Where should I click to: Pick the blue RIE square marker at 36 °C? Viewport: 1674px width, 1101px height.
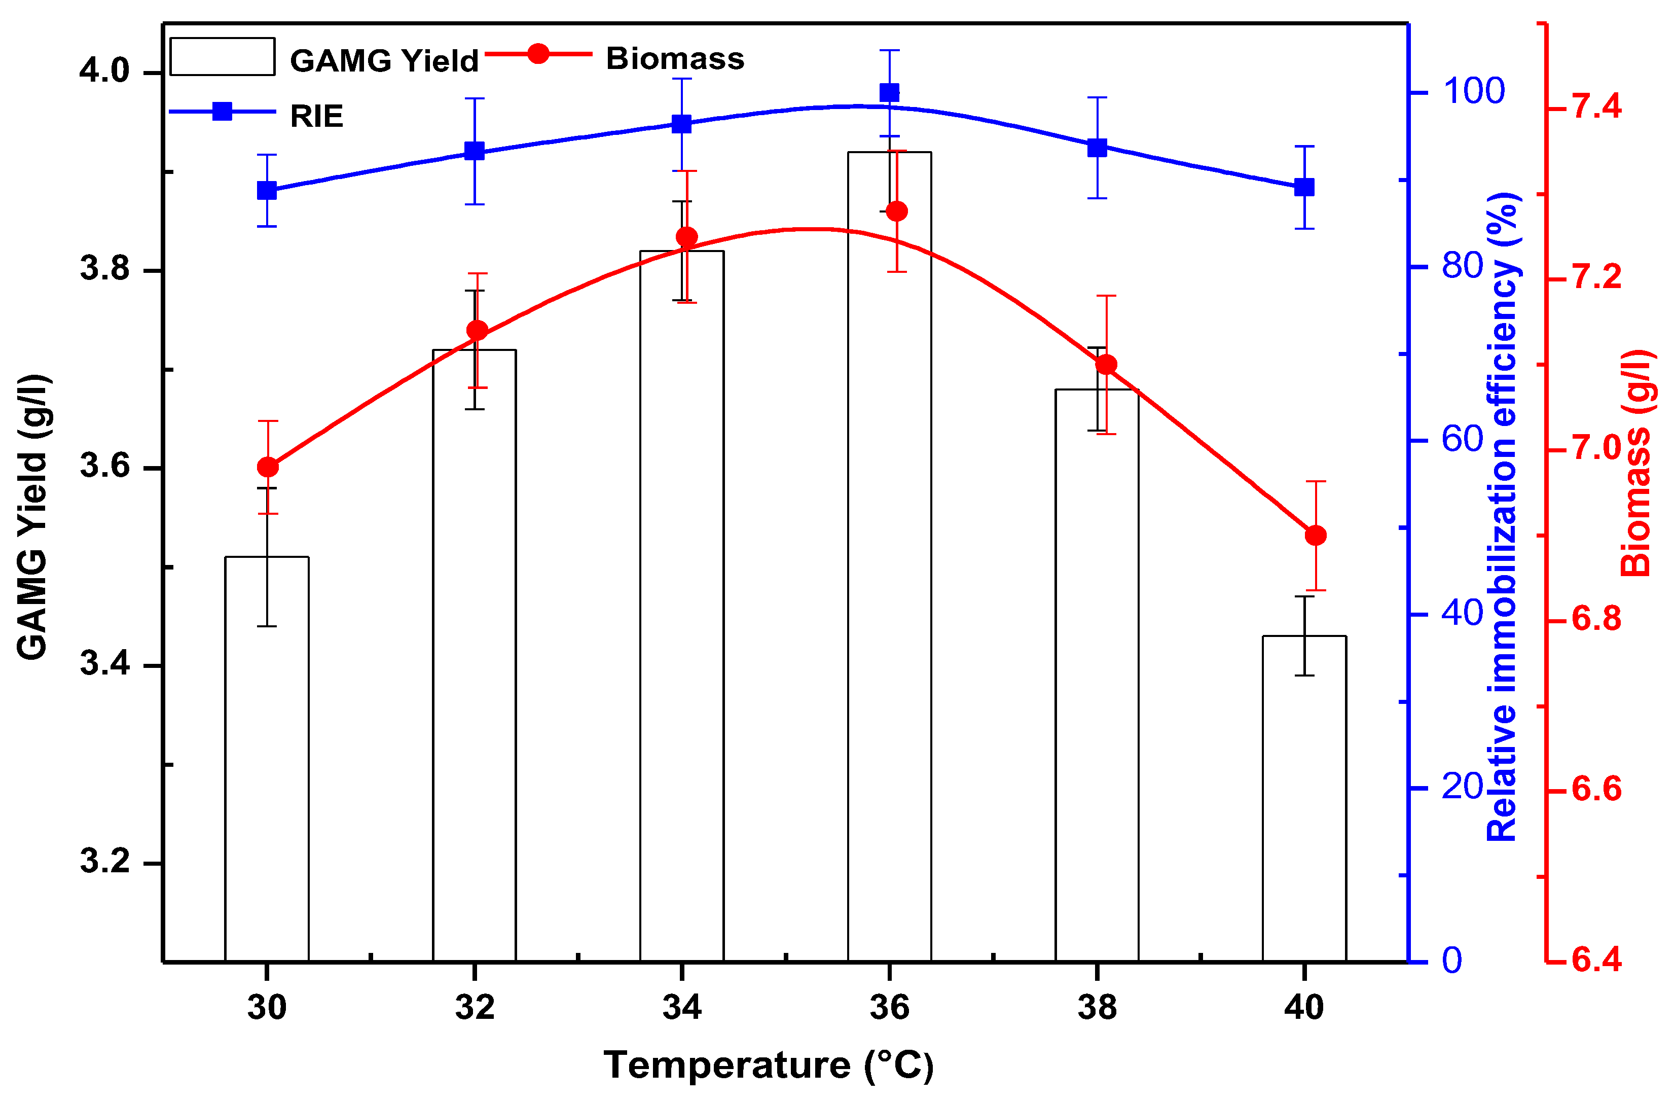click(889, 93)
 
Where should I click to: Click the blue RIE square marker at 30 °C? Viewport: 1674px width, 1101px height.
click(267, 190)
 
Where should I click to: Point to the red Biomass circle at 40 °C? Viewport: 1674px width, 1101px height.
click(1315, 536)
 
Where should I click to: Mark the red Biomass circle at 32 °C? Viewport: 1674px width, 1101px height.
click(478, 331)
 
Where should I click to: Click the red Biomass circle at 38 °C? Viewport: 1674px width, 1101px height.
click(1106, 365)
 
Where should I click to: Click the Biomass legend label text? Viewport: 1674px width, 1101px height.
click(675, 58)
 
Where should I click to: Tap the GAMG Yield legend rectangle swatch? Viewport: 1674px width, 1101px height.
click(222, 56)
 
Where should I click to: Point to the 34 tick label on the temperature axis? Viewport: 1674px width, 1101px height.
click(681, 1007)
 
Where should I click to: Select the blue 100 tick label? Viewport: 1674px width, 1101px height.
click(1474, 91)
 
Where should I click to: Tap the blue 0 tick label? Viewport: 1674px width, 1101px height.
click(1452, 961)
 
